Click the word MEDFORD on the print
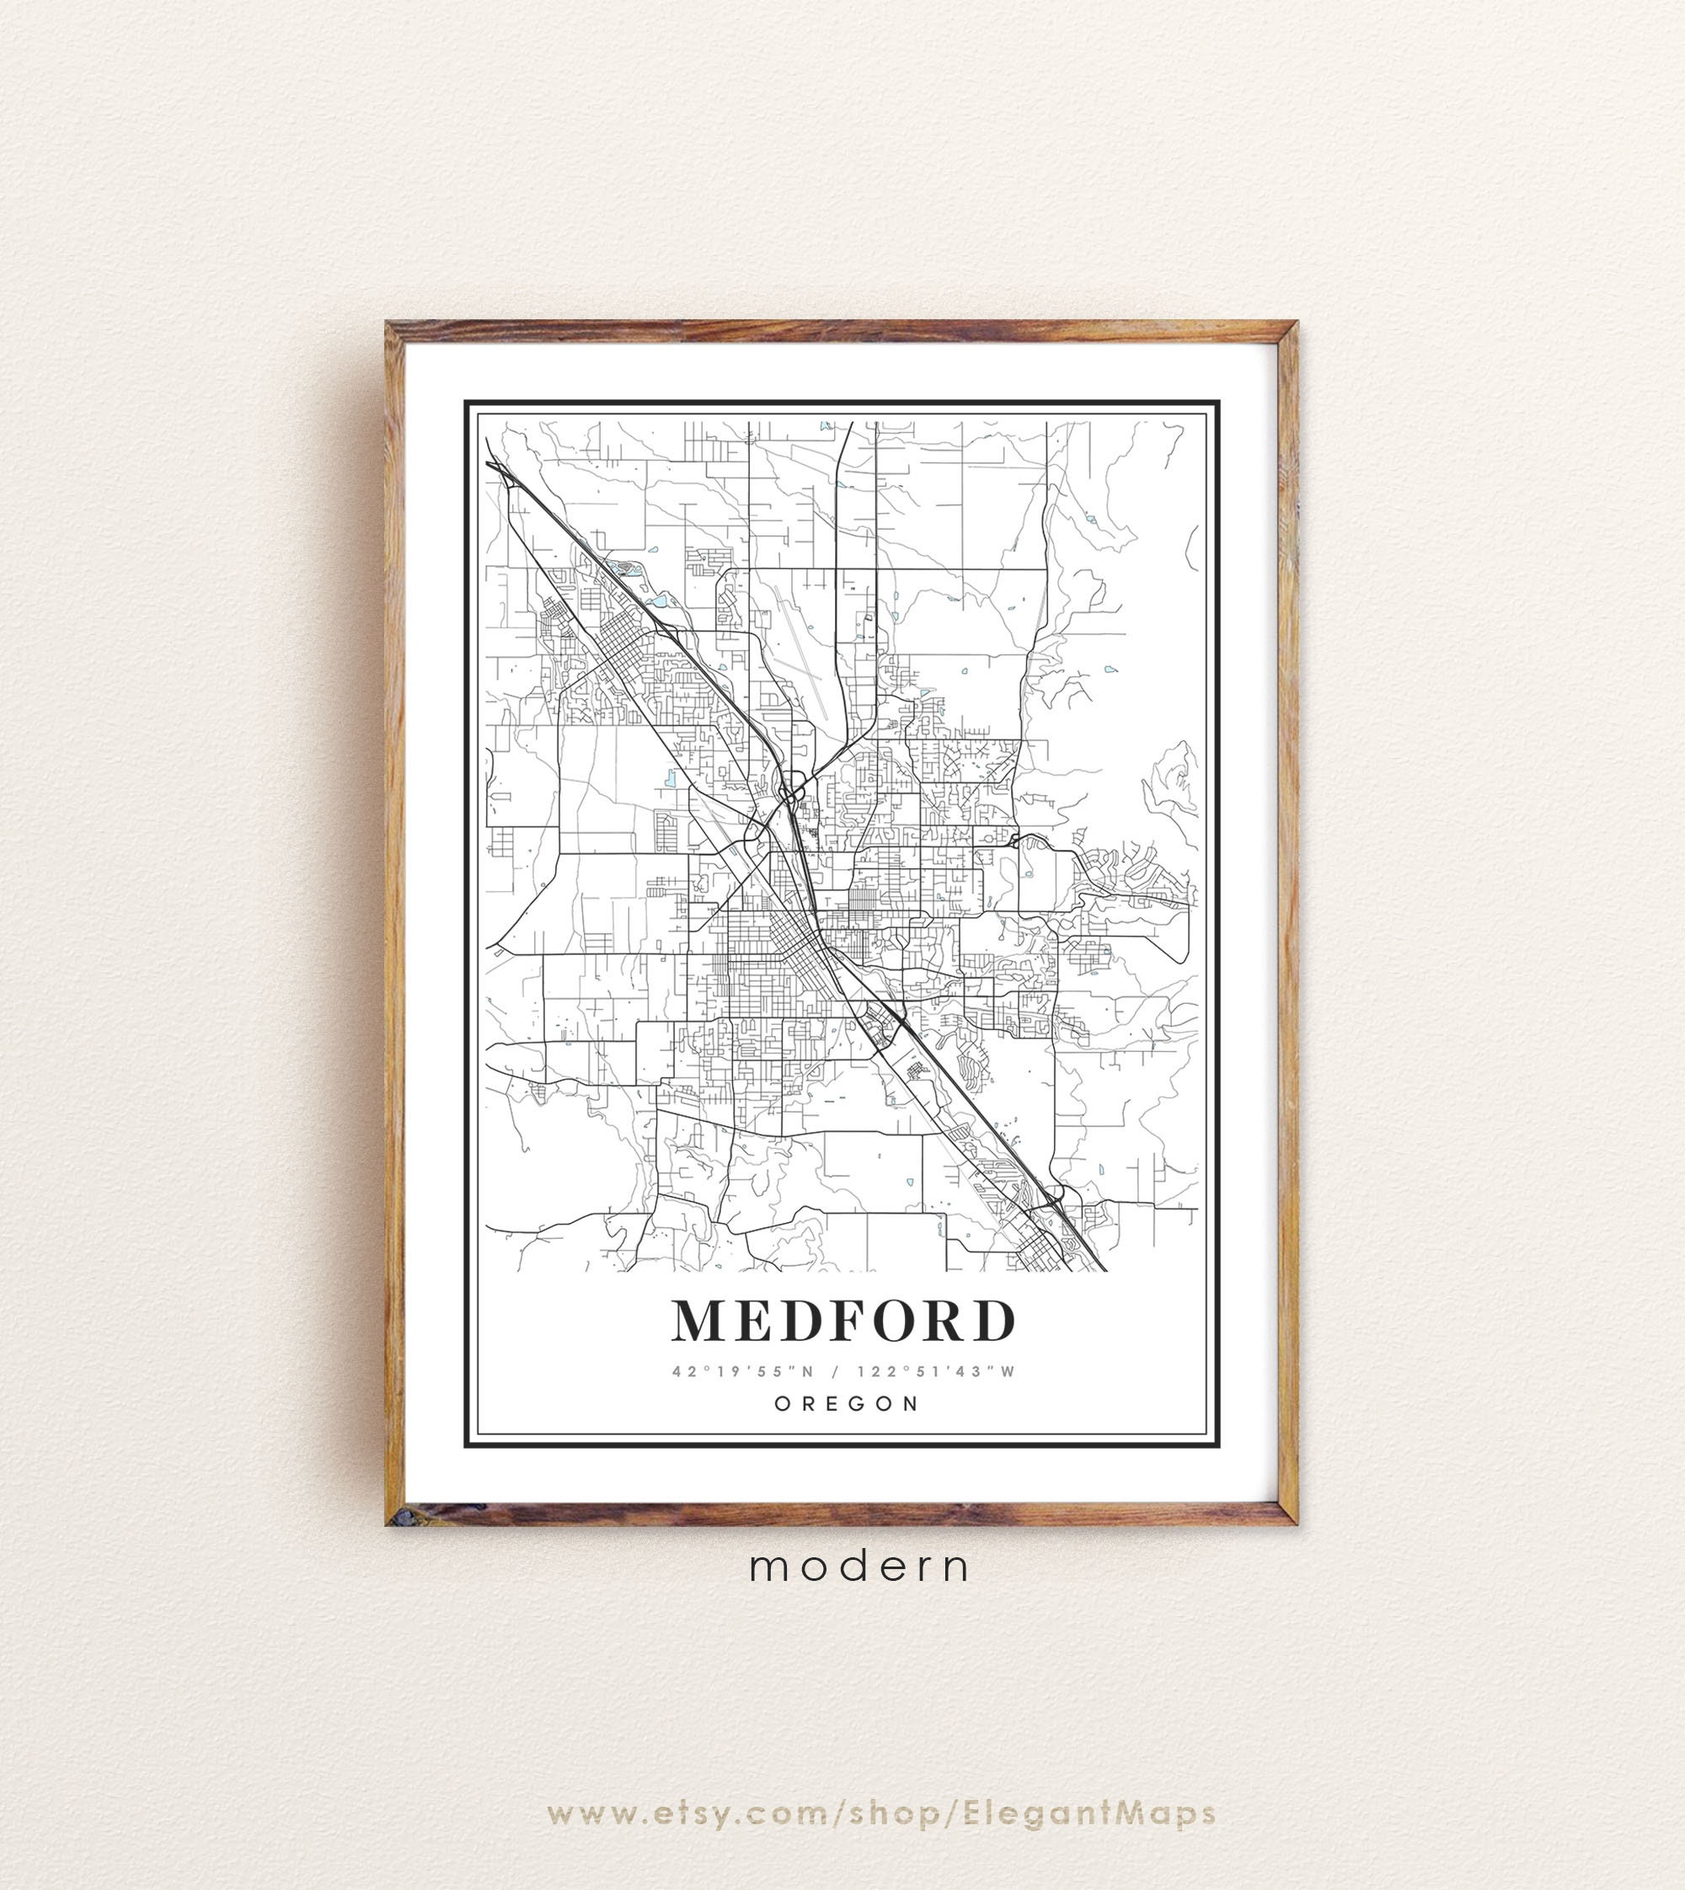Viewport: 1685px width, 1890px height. pos(843,1321)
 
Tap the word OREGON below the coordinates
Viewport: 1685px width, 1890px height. pos(846,1403)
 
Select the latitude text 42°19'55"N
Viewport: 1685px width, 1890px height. pos(741,1371)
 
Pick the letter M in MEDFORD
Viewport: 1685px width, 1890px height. pos(697,1321)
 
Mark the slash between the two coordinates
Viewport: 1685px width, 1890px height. pos(839,1371)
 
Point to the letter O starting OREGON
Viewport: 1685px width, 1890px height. pos(780,1403)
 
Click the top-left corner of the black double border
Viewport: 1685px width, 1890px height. pos(467,403)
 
